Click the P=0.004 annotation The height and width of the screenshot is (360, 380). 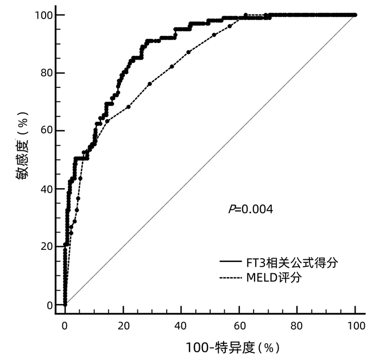250,209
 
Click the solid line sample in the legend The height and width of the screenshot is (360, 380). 231,263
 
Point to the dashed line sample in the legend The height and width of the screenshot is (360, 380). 231,278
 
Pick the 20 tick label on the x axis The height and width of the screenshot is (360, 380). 123,325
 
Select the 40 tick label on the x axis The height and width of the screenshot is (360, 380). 181,325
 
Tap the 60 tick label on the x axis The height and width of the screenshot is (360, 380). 239,325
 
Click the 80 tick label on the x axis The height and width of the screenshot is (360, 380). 297,325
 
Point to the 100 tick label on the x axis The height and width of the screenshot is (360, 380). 356,325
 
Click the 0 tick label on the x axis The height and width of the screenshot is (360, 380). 65,325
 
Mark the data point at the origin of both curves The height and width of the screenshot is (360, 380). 65,305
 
